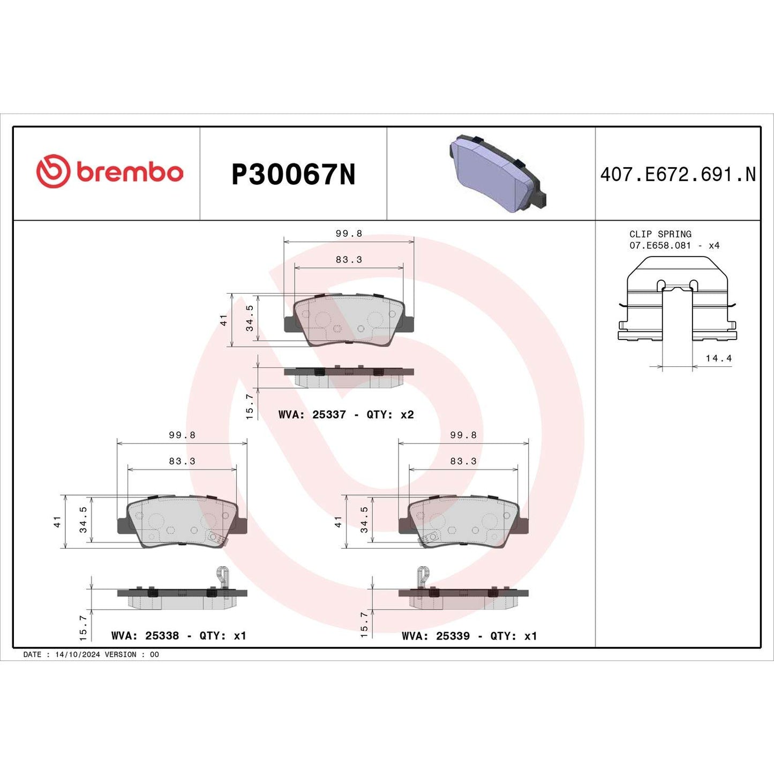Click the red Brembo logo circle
click(x=53, y=171)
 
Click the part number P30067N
click(x=293, y=175)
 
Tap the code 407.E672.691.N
click(x=678, y=175)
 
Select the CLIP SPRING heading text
click(x=660, y=234)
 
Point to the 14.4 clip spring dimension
click(x=718, y=358)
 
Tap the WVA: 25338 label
click(x=145, y=636)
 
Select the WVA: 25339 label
click(x=435, y=636)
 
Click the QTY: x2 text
click(x=390, y=415)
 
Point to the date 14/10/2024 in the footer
click(x=77, y=655)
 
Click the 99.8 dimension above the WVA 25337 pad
click(x=349, y=234)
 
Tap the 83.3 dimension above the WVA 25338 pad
click(x=182, y=461)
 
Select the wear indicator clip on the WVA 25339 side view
click(x=423, y=577)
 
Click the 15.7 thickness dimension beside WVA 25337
click(x=250, y=407)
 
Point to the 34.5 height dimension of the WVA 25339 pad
click(x=364, y=520)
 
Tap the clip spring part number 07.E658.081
click(x=660, y=245)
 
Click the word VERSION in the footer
click(x=121, y=655)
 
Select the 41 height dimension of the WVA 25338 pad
click(x=57, y=522)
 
